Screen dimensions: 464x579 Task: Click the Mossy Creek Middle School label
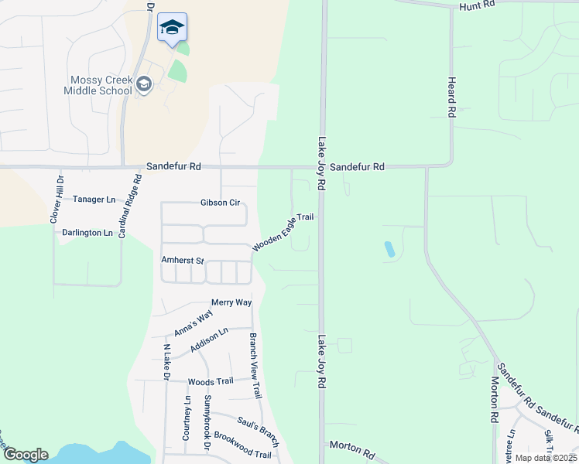pos(101,85)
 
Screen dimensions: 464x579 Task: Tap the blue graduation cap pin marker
pos(172,29)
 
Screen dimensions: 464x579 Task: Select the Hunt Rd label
pos(476,5)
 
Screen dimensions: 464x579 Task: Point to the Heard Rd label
pos(451,97)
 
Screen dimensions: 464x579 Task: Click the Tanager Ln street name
pos(94,200)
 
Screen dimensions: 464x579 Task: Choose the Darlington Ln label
pos(87,233)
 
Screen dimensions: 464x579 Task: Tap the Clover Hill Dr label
pos(56,200)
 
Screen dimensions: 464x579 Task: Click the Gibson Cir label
pos(221,203)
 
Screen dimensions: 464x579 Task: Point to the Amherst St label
pos(181,261)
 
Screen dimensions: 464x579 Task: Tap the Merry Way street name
pos(231,302)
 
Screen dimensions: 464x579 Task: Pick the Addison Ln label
pos(210,341)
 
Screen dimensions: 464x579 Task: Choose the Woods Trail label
pos(211,381)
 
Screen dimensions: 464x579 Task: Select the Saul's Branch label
pos(257,428)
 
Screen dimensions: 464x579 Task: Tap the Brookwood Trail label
pos(242,445)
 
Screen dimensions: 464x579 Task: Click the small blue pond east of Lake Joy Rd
pos(389,249)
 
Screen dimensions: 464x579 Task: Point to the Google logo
pos(26,455)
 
